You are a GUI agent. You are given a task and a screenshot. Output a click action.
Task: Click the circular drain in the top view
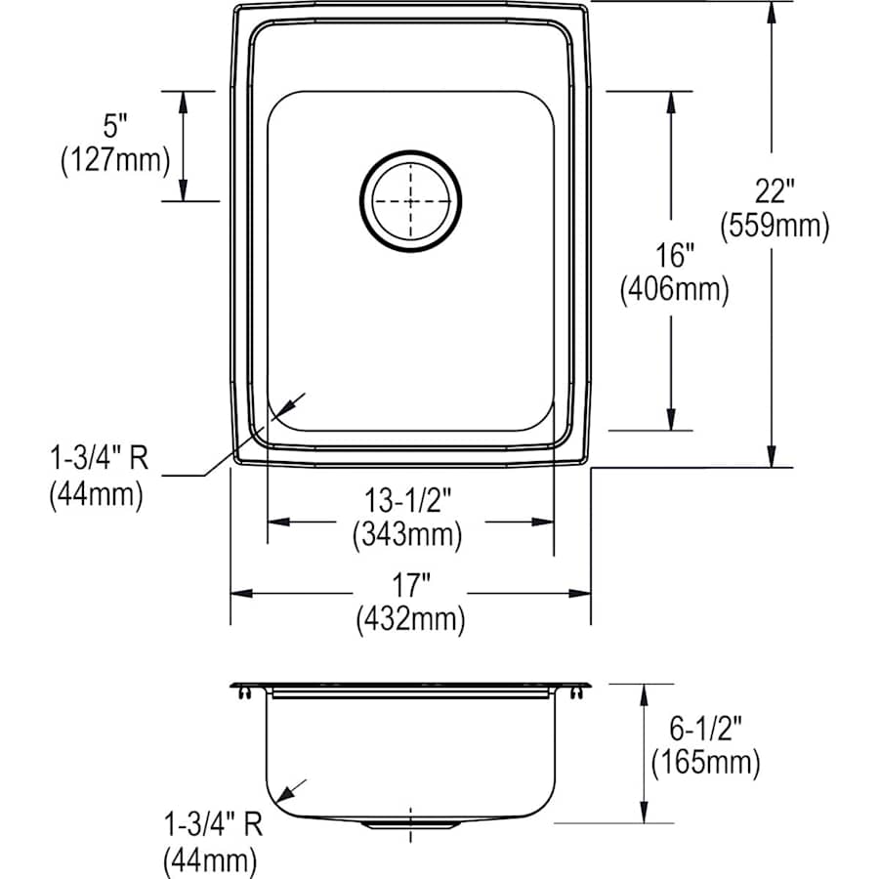click(x=410, y=200)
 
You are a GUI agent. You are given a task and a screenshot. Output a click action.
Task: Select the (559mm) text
click(x=774, y=227)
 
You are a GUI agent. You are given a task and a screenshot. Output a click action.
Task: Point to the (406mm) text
click(x=674, y=290)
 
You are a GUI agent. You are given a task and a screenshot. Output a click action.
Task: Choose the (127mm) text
click(x=115, y=159)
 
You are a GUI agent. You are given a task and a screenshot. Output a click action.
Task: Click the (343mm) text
click(x=409, y=534)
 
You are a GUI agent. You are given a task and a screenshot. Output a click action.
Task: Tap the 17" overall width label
click(x=411, y=587)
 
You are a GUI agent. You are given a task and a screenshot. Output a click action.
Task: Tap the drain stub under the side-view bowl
click(x=410, y=825)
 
